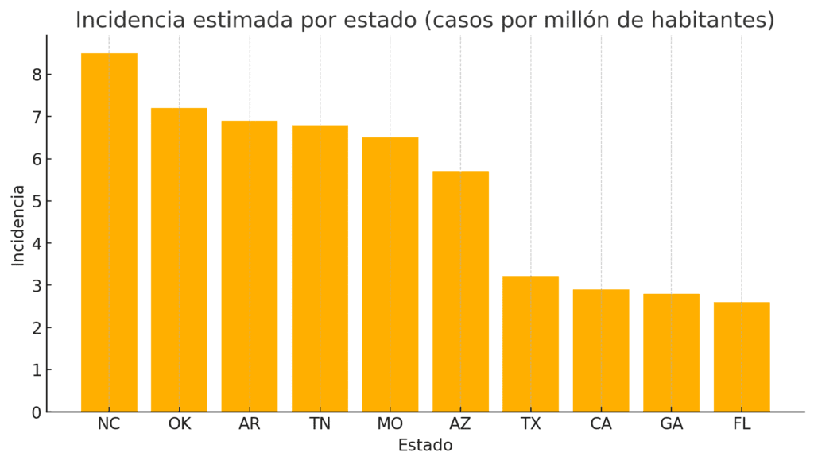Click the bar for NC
[109, 232]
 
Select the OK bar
[179, 260]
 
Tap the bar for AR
[250, 266]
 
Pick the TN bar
[320, 269]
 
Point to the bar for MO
[390, 275]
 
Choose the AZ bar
[460, 292]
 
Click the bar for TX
[530, 344]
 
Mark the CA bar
[601, 350]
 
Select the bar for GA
[671, 353]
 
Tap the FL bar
[742, 357]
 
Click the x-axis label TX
[530, 424]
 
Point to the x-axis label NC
[109, 424]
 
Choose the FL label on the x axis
[742, 424]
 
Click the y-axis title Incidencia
[18, 225]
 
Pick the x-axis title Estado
[425, 446]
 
